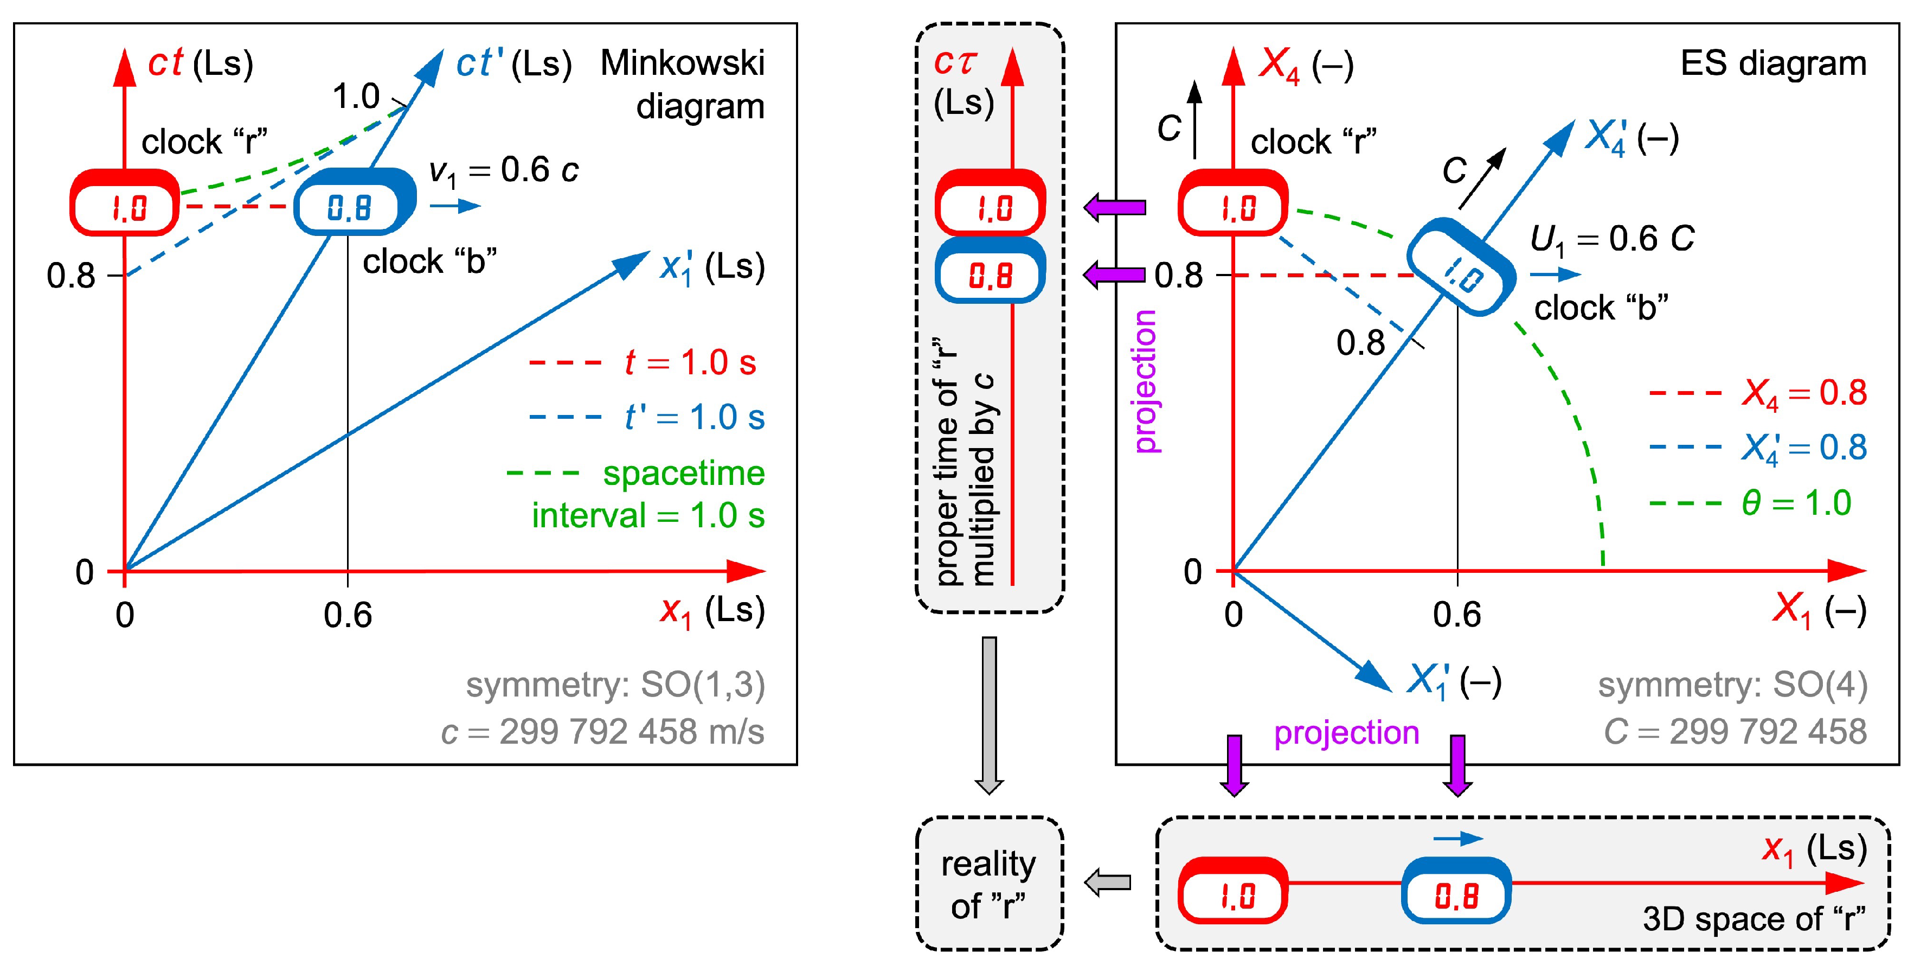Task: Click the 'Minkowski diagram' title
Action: tap(682, 84)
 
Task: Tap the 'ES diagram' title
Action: tap(1773, 63)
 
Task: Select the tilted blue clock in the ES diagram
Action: tap(1461, 267)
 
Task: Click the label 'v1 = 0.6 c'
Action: tap(503, 171)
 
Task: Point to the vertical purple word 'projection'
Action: tap(1145, 381)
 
